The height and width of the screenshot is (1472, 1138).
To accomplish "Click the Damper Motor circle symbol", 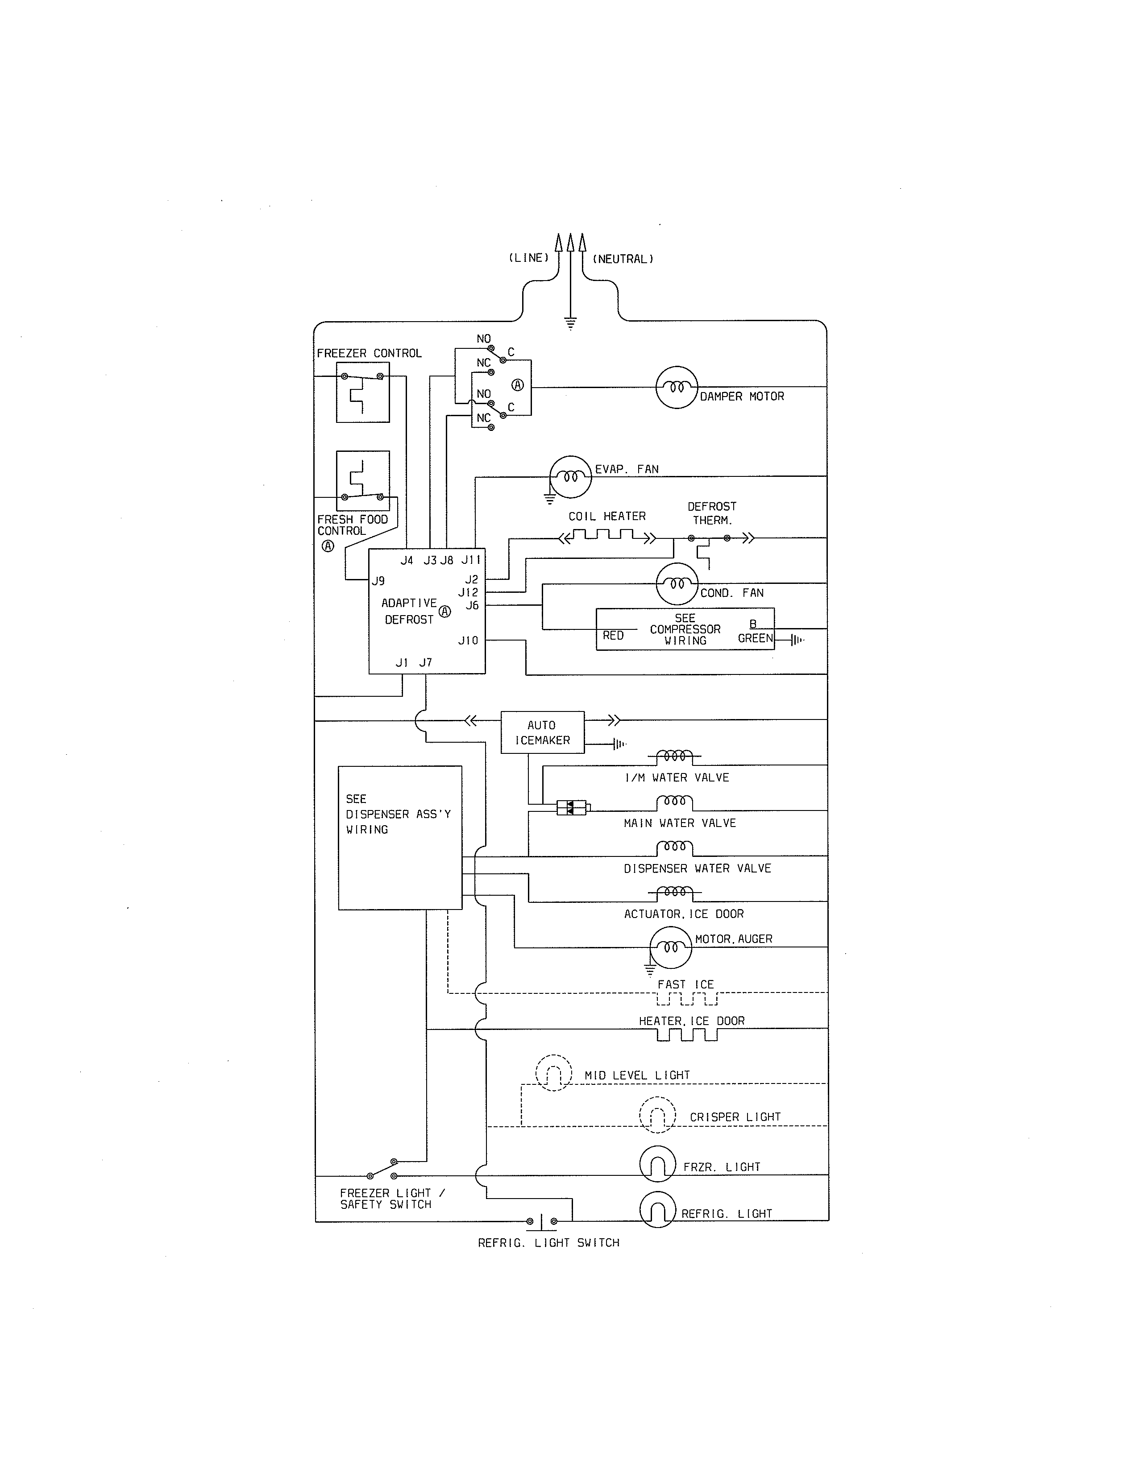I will click(x=676, y=388).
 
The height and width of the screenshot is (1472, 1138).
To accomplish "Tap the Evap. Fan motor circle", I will click(x=570, y=476).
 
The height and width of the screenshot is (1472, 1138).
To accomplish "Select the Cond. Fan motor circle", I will click(x=677, y=584).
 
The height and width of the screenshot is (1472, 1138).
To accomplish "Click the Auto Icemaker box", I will click(x=542, y=732).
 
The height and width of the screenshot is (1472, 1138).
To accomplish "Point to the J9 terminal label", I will click(x=378, y=581).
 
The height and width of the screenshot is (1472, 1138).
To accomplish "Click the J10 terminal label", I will click(x=468, y=640).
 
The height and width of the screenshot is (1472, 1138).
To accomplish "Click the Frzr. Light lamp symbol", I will click(x=657, y=1164).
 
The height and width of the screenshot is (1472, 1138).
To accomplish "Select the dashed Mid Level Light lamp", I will click(x=553, y=1073).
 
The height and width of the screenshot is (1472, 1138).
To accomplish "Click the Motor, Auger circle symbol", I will click(x=670, y=947).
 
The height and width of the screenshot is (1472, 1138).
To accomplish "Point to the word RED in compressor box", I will click(x=613, y=636).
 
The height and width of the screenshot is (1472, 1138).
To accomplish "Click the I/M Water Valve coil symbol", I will click(x=674, y=756).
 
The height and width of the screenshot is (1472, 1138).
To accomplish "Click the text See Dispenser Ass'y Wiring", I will click(x=398, y=814).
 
